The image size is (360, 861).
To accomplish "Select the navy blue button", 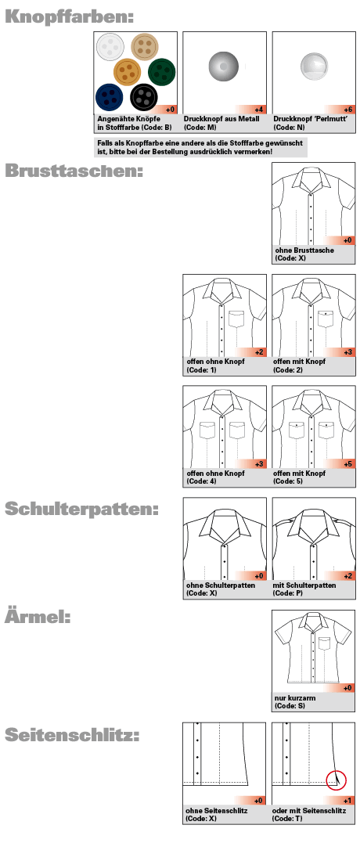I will (x=110, y=96).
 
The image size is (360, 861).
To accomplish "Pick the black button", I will (x=143, y=97).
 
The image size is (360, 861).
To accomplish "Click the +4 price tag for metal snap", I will (x=259, y=110).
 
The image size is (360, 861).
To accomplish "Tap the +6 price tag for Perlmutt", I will (x=347, y=110).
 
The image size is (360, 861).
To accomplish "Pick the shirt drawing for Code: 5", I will (x=313, y=426).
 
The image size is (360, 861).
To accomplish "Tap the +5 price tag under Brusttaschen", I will (x=347, y=464).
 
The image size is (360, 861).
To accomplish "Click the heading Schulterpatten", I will (x=82, y=509).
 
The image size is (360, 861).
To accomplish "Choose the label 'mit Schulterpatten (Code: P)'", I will (x=304, y=589).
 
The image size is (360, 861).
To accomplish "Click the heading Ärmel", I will (x=38, y=617).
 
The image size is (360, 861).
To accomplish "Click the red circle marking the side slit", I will (x=336, y=779).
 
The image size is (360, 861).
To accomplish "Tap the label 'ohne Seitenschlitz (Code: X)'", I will (x=217, y=814).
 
